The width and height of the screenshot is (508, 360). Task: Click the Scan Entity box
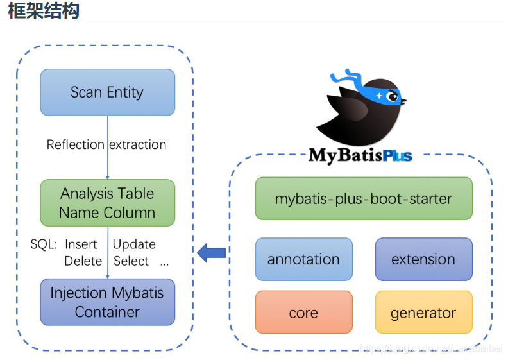(107, 92)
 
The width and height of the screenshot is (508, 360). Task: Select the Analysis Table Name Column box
(107, 203)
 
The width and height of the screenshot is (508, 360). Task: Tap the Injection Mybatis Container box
(107, 302)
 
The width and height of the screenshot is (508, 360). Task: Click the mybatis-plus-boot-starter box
(364, 199)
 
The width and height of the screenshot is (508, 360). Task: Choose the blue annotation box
(303, 259)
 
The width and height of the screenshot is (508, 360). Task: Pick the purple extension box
(423, 259)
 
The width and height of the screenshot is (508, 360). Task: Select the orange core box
(303, 313)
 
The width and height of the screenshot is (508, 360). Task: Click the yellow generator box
(423, 313)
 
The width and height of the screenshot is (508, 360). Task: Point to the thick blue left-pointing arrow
(211, 252)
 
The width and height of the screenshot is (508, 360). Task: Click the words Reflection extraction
(106, 144)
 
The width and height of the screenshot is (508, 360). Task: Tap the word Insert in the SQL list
(81, 244)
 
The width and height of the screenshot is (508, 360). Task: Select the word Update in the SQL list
(134, 244)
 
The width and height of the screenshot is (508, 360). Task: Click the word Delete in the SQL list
(83, 261)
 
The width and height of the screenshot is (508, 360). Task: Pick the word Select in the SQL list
(131, 261)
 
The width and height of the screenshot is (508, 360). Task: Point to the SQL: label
(44, 244)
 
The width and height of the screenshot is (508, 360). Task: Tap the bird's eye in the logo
(391, 97)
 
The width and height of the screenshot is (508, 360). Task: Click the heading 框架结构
(44, 11)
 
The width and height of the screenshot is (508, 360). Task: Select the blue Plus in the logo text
(398, 156)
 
